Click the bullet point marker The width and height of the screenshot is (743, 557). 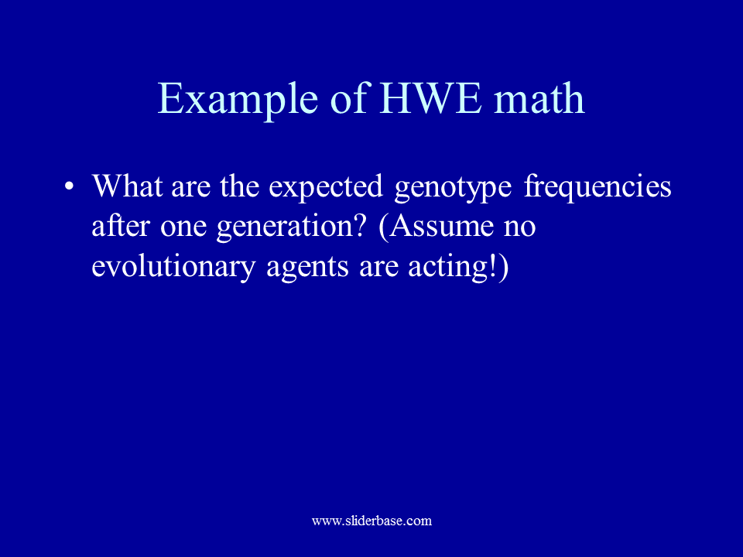click(x=69, y=186)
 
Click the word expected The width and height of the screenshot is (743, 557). click(x=326, y=188)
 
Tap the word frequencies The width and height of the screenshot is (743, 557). click(x=597, y=188)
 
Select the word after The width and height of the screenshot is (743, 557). click(x=121, y=225)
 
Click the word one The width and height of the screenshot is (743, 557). click(x=183, y=227)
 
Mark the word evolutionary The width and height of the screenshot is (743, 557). click(x=173, y=268)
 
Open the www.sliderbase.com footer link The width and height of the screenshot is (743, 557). click(x=372, y=521)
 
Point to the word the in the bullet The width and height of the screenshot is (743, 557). click(x=239, y=186)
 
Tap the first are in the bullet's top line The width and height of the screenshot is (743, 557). click(x=190, y=188)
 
